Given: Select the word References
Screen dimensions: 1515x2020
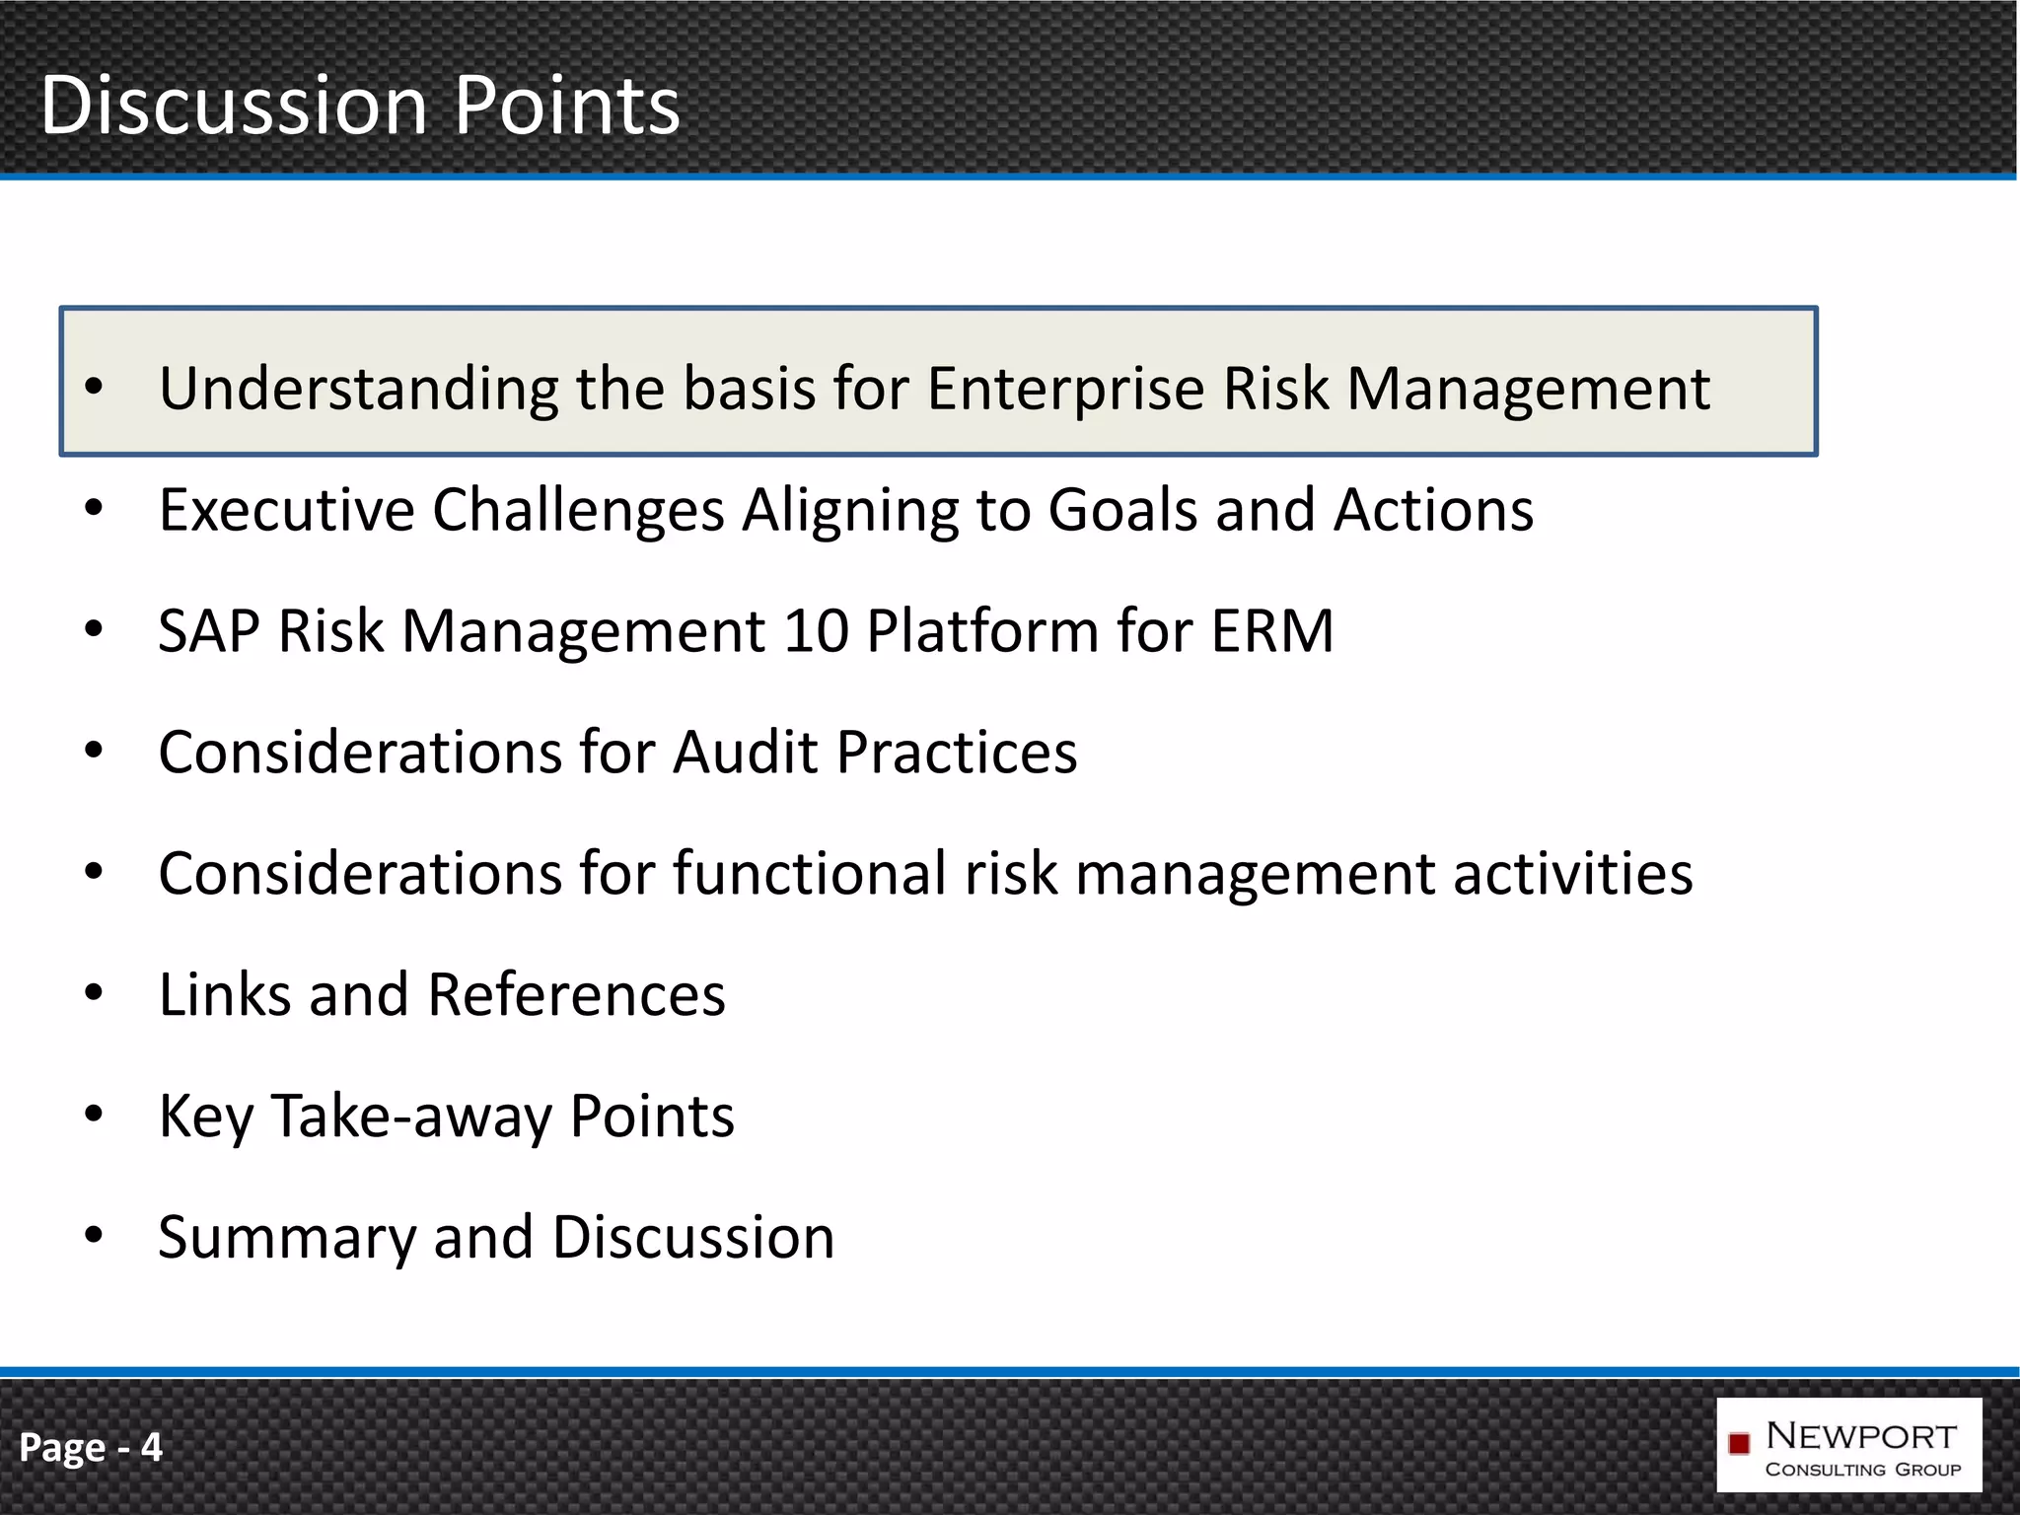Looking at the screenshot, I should [577, 994].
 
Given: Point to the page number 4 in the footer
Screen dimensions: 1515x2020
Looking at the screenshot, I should [151, 1447].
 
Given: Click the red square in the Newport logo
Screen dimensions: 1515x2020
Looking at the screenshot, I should [1739, 1444].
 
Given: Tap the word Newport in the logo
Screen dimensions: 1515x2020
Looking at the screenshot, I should [1860, 1436].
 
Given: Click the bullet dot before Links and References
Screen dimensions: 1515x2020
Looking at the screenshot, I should [94, 992].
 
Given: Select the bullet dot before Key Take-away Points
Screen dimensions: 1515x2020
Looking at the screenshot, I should [94, 1114].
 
